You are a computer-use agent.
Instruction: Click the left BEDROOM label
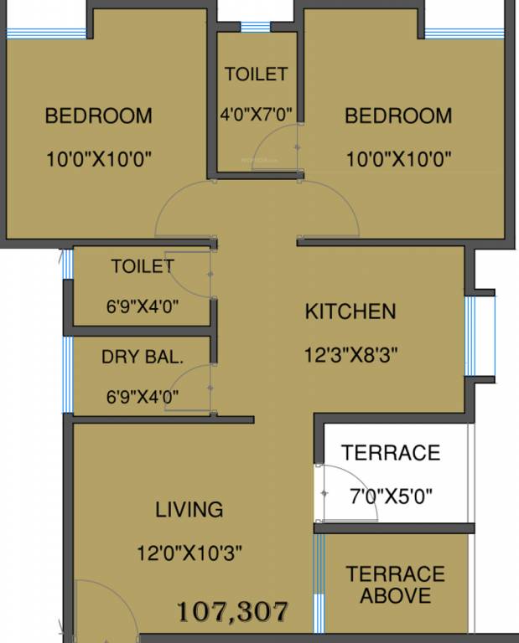click(x=99, y=116)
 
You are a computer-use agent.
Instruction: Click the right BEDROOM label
click(x=398, y=116)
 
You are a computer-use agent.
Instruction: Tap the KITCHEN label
click(x=350, y=312)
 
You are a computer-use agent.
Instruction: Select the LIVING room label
click(x=189, y=509)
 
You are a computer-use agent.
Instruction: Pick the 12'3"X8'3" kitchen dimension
click(x=350, y=354)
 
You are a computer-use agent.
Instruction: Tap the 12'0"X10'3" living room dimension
click(x=191, y=553)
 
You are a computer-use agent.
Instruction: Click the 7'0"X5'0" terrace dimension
click(x=391, y=495)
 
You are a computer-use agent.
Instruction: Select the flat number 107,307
click(x=234, y=611)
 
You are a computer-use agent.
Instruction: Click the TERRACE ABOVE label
click(x=395, y=584)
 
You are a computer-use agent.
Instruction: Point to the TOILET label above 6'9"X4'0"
click(x=143, y=266)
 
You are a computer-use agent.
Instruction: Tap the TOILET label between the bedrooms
click(x=256, y=75)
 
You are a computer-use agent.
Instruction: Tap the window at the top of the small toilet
click(x=255, y=27)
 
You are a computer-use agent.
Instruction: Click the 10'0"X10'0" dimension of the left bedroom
click(x=99, y=159)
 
